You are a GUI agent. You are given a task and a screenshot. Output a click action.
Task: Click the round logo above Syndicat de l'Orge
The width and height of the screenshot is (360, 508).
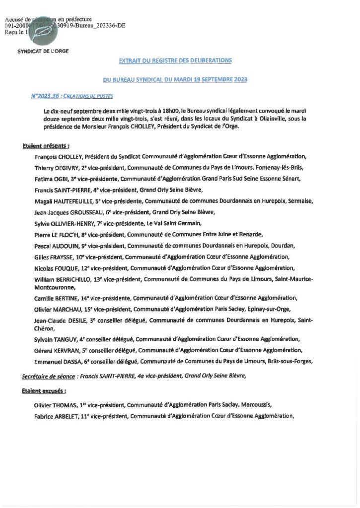43,29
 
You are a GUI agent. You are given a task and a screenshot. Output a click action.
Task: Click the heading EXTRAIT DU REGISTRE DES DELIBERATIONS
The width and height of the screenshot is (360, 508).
175,61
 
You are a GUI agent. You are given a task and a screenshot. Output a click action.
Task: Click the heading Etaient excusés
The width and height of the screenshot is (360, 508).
44,390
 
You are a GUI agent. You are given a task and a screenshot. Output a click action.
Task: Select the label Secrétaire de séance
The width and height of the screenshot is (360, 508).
48,376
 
